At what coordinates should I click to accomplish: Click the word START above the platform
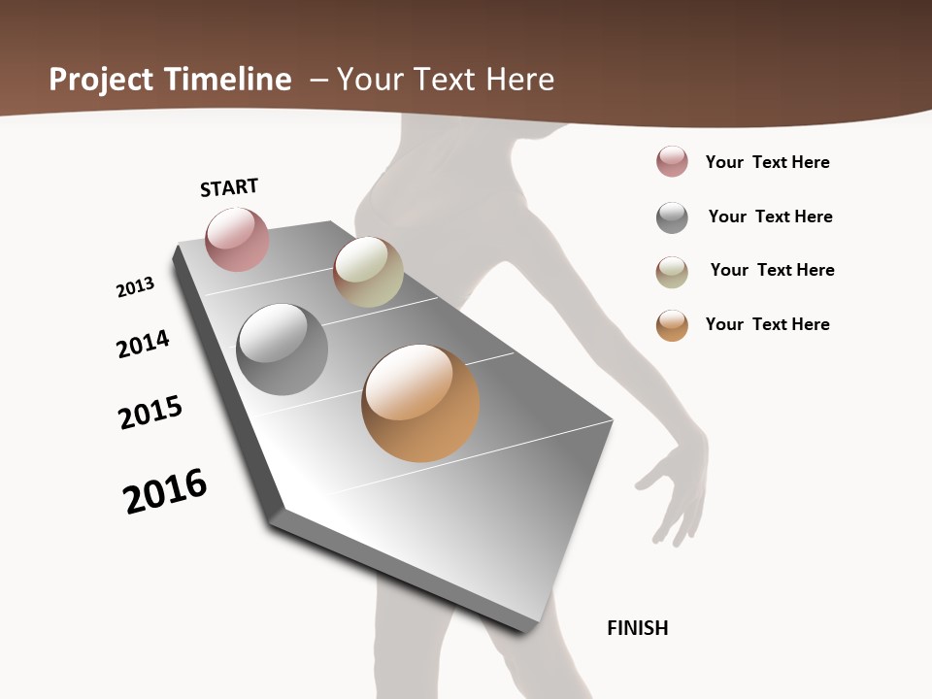click(229, 187)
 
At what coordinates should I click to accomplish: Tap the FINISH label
click(638, 628)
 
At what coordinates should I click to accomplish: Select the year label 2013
click(136, 286)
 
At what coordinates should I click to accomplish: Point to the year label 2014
click(144, 344)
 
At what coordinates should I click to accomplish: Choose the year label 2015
click(150, 413)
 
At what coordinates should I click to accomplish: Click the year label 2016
click(166, 491)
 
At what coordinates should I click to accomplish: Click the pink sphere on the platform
click(238, 239)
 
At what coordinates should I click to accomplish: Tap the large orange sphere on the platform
click(420, 403)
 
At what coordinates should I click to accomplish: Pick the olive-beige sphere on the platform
click(368, 272)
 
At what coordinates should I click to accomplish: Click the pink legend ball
click(672, 162)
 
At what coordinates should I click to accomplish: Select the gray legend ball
click(672, 217)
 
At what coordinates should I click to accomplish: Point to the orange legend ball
click(672, 325)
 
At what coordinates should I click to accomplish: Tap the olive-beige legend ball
click(672, 272)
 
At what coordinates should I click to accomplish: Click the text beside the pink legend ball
click(768, 162)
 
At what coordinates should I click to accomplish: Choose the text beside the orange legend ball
click(768, 324)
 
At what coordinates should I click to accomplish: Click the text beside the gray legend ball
click(771, 216)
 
